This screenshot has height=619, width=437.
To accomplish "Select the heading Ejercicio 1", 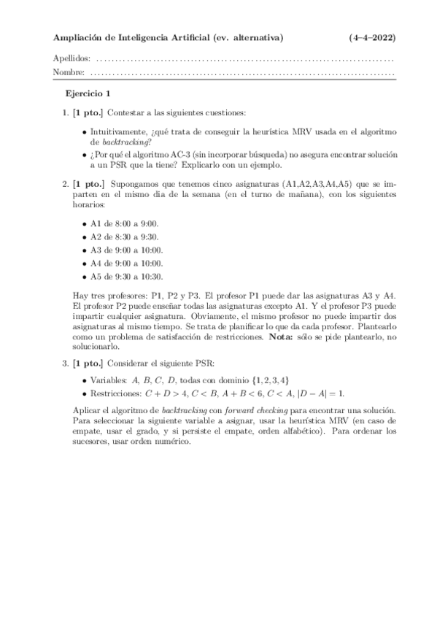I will [x=88, y=93].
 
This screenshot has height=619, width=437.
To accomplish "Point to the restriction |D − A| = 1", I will [x=360, y=393].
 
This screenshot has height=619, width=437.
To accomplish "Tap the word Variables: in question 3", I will [x=108, y=380].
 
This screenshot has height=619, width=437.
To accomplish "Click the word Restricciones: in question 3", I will [x=115, y=393].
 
